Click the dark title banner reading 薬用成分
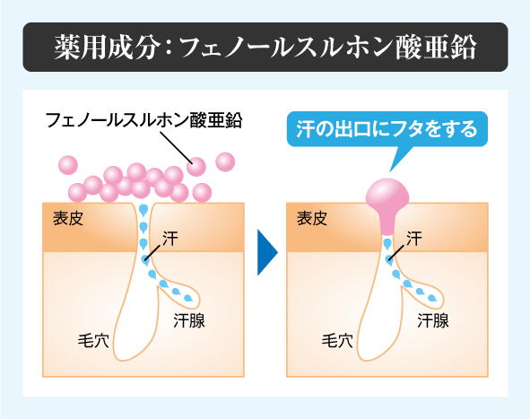265,47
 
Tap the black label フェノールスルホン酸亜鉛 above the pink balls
144,120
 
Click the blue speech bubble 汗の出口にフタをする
387,129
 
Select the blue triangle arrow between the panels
267,252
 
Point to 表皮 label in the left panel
68,218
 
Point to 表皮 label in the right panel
312,218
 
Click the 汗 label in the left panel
170,239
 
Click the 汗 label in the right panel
414,239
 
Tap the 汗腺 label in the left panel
189,320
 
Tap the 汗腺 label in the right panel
433,320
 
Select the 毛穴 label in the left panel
93,341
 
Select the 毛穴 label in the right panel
337,341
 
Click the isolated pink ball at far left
68,165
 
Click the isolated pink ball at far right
225,162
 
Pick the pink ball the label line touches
196,167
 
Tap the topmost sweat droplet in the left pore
143,210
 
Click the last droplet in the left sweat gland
188,298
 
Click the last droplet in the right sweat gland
432,298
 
